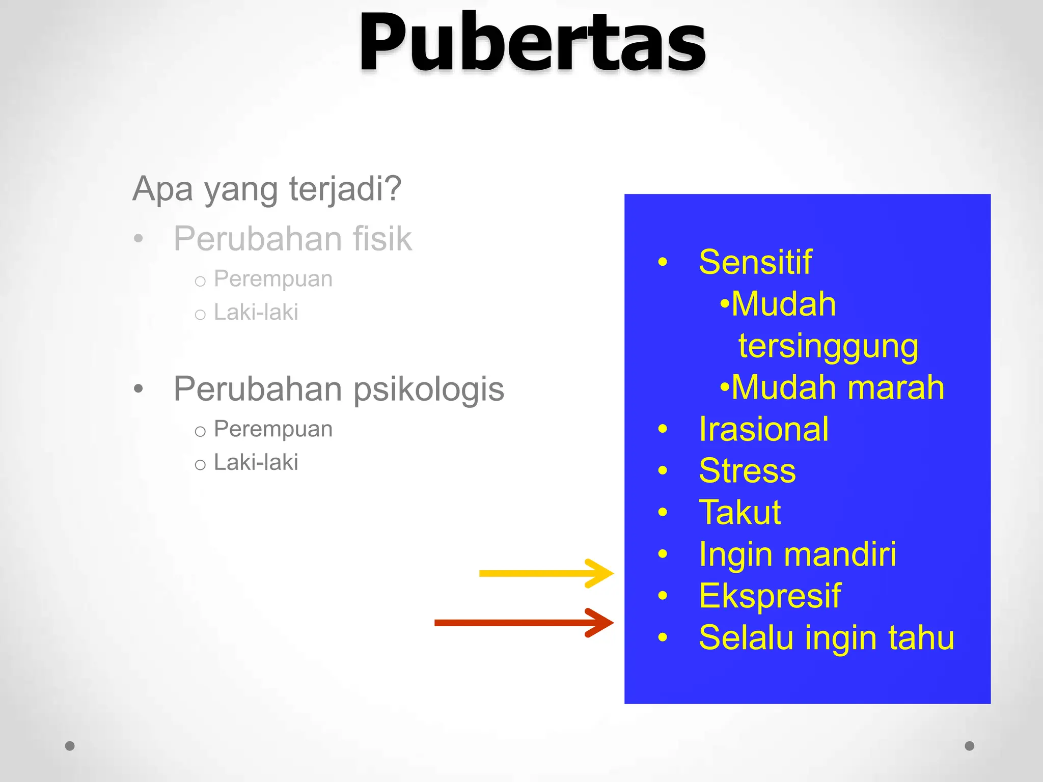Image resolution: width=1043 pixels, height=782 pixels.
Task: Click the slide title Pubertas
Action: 532,43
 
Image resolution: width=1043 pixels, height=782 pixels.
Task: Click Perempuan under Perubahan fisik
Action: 273,279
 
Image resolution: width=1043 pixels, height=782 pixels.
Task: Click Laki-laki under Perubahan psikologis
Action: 256,462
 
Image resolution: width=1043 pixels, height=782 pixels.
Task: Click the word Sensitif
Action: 755,263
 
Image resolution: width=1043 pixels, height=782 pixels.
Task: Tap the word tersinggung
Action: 828,347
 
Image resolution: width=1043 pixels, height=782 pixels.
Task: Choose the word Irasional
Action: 763,429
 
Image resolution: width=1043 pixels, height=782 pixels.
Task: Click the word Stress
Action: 747,471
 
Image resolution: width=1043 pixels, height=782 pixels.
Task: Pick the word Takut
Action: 739,512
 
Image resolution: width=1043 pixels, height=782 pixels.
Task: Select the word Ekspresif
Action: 770,596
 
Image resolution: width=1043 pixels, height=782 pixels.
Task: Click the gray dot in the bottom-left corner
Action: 70,746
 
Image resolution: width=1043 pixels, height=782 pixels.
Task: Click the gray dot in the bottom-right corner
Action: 970,746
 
